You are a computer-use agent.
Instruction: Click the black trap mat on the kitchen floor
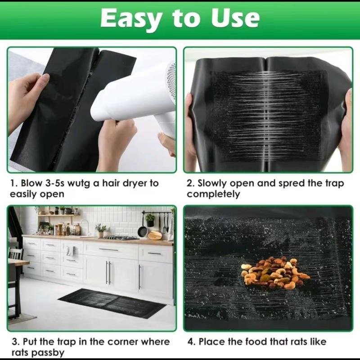112,302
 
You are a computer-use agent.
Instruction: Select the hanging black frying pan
143,230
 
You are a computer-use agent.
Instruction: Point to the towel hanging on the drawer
69,250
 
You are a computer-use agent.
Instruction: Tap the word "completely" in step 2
213,194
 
